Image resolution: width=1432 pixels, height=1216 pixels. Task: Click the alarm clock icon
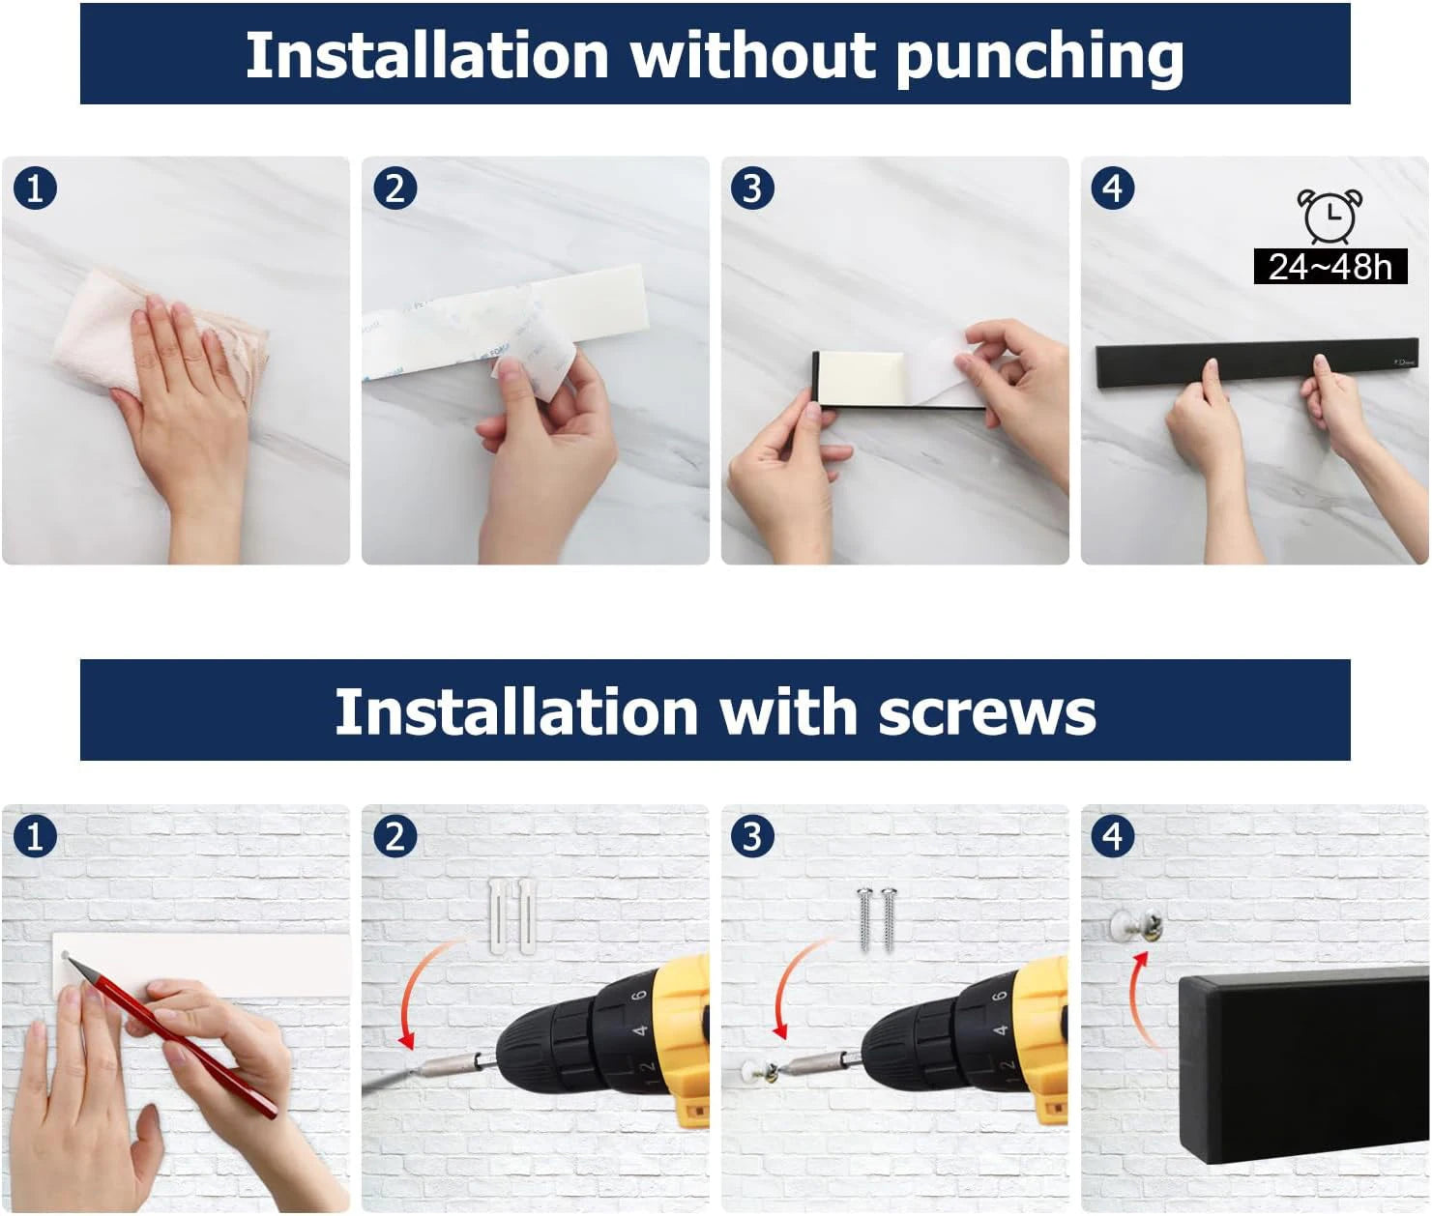1330,215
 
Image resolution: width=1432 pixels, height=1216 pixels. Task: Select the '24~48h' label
1330,266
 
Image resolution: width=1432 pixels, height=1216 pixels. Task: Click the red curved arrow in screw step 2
425,991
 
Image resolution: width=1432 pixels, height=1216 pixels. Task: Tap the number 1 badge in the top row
35,188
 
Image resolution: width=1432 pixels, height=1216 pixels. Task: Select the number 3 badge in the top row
753,188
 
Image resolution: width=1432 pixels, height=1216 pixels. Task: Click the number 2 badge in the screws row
395,836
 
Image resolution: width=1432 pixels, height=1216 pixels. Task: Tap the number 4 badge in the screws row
1113,836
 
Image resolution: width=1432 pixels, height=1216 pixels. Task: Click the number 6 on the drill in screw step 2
638,995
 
